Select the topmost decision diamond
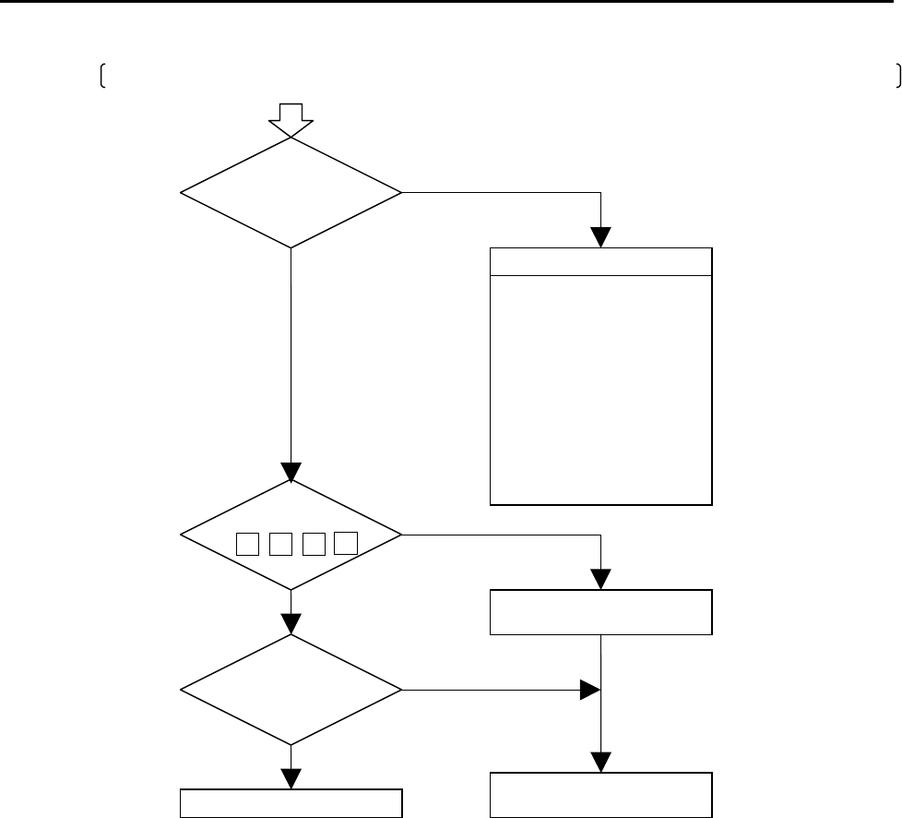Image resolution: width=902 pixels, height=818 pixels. click(x=291, y=193)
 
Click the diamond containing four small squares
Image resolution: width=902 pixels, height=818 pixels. click(x=291, y=535)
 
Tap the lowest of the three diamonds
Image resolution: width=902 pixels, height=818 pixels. click(x=291, y=689)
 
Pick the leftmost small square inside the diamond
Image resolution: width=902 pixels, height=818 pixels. click(x=246, y=544)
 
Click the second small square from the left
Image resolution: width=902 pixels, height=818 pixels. click(x=279, y=544)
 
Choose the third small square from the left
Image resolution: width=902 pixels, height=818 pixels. click(x=313, y=544)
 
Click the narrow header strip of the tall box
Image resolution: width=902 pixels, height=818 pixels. click(x=600, y=261)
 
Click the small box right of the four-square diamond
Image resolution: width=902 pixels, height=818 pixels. click(x=600, y=611)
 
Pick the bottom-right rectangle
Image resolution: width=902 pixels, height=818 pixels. click(x=600, y=795)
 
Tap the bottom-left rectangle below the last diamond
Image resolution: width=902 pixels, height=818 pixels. click(x=291, y=803)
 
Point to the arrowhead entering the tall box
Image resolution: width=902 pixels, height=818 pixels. click(x=600, y=237)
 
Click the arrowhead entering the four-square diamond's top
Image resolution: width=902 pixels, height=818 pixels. click(x=291, y=471)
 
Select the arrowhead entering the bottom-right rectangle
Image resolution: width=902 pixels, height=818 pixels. click(x=600, y=762)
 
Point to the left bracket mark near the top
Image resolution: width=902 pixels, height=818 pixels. click(x=102, y=78)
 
